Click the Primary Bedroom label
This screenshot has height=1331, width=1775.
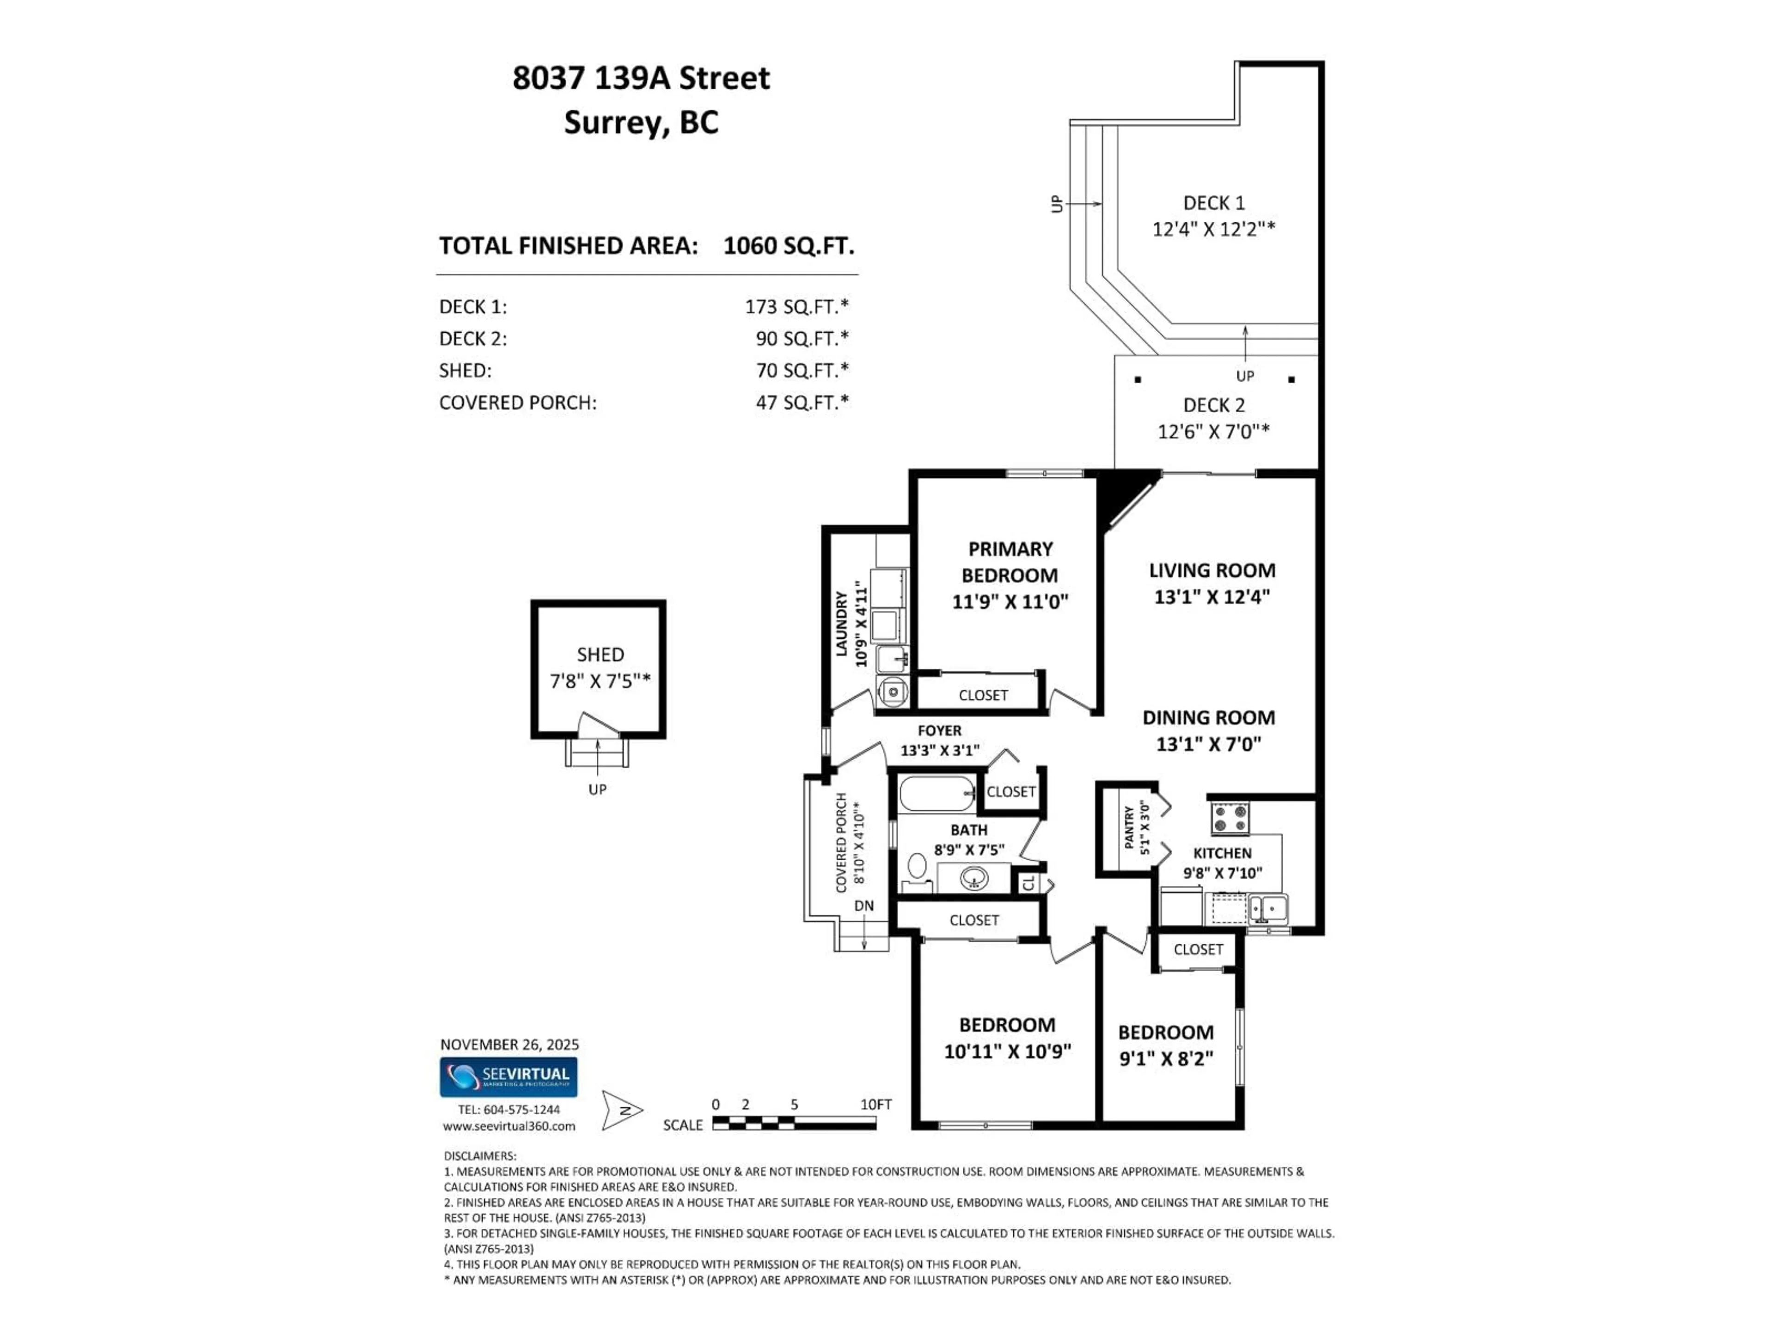click(1010, 562)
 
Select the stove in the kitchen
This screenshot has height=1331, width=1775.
click(1230, 818)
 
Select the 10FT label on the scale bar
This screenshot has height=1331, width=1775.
click(875, 1105)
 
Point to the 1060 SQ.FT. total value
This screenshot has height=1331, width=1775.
click(788, 245)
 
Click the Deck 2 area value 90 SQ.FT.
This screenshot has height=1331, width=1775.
click(801, 339)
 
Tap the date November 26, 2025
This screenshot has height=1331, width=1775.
click(509, 1044)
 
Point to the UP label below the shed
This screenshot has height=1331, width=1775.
click(597, 789)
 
